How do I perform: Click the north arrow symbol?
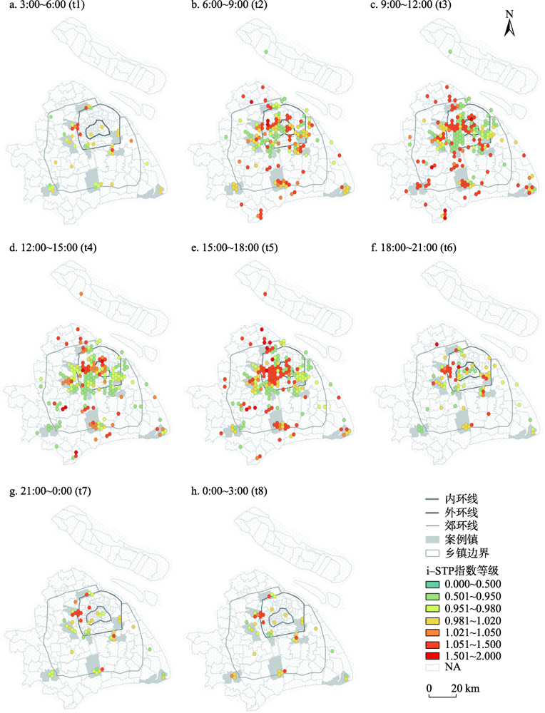509,24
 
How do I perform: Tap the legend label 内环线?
460,500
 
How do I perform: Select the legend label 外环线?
460,513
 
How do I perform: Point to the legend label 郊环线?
460,525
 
